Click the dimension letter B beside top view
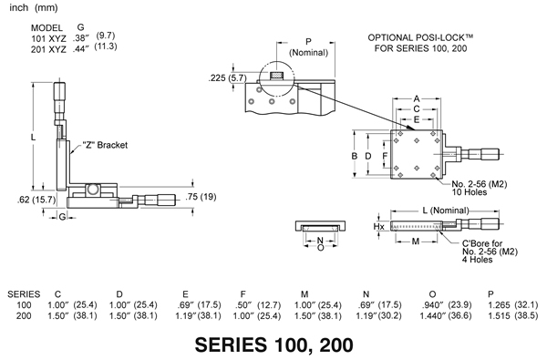[x=356, y=156]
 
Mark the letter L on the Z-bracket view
[x=35, y=137]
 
